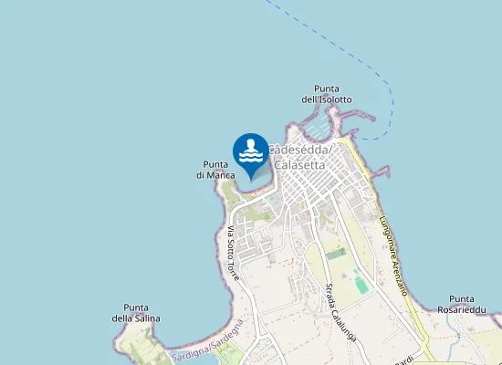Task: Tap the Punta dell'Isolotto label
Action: click(x=326, y=93)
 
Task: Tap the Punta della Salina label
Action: click(x=136, y=312)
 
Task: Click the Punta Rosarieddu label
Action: click(x=473, y=305)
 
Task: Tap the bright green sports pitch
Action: click(x=361, y=285)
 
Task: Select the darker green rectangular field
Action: click(x=337, y=253)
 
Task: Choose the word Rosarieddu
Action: click(x=473, y=310)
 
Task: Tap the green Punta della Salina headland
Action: click(x=137, y=342)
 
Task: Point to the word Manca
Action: click(x=224, y=175)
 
